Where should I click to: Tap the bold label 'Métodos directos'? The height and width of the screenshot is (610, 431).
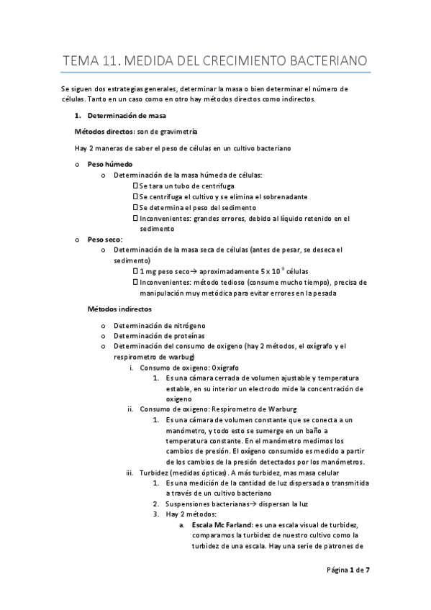[104, 132]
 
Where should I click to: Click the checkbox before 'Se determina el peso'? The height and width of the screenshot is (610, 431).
[136, 207]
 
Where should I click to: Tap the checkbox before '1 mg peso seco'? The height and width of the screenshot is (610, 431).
[136, 270]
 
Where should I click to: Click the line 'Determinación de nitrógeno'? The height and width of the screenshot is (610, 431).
[158, 325]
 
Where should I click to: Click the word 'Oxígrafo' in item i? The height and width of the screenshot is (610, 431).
[226, 368]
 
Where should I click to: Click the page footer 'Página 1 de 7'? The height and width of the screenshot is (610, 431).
[348, 570]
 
